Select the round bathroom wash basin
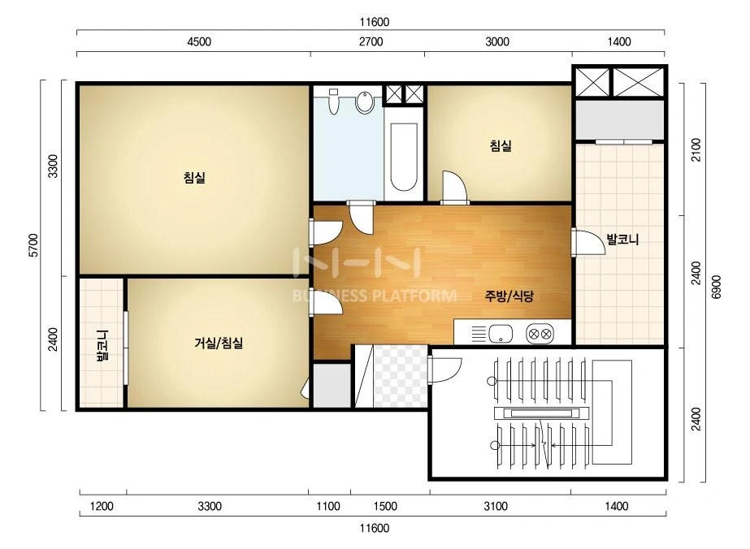[x=365, y=102]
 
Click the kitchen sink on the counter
[x=501, y=333]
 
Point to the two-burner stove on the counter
[x=540, y=333]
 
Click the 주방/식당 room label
[x=509, y=296]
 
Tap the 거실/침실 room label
[x=219, y=343]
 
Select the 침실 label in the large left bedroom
[x=194, y=177]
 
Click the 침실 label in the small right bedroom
[x=501, y=145]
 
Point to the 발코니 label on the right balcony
[x=622, y=239]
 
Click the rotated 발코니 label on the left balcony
[x=102, y=346]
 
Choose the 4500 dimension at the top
[x=199, y=41]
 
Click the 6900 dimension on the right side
[x=716, y=287]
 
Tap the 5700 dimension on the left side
[x=33, y=245]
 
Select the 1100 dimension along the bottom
[x=328, y=506]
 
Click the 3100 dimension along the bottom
[x=496, y=506]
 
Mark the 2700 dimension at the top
[x=371, y=41]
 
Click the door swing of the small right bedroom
[x=454, y=187]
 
